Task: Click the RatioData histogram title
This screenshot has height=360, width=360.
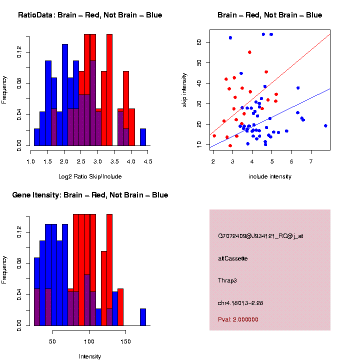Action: point(90,15)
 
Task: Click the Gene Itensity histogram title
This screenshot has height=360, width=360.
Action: point(90,195)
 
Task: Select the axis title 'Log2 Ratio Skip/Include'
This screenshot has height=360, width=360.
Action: point(90,176)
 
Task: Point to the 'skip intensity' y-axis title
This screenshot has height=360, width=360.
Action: point(183,87)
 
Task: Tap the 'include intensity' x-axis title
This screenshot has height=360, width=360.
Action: point(270,176)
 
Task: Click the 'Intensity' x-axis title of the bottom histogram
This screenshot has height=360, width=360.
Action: point(90,356)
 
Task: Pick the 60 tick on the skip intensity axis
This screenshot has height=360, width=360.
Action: point(199,42)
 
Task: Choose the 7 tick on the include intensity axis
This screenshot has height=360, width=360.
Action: point(311,161)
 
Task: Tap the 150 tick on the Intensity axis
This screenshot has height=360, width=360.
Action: point(125,341)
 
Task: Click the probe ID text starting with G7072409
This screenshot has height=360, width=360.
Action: point(260,236)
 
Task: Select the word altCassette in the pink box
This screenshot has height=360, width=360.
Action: point(233,258)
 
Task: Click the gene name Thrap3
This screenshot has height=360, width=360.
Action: point(227,280)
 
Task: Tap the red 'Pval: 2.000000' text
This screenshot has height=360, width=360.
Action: point(238,319)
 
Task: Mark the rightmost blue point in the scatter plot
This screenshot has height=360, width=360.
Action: point(325,126)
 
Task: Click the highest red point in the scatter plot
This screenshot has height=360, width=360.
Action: point(249,52)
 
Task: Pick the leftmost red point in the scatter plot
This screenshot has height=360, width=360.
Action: point(214,135)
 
